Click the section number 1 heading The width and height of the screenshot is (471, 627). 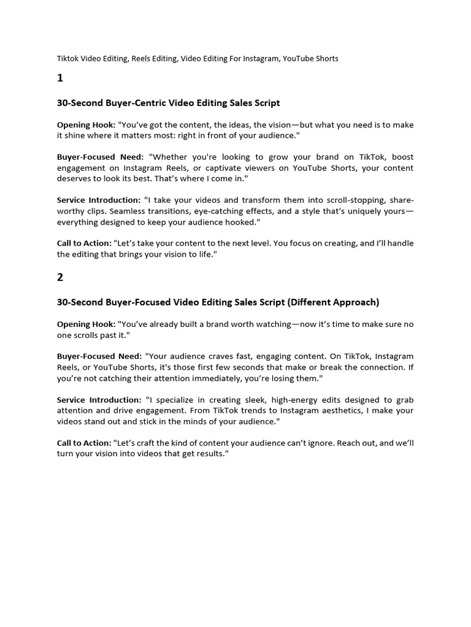[x=60, y=78]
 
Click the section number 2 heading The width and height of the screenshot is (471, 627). [x=60, y=277]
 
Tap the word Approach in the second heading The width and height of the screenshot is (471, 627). [x=353, y=302]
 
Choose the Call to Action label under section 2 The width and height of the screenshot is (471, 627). [x=84, y=443]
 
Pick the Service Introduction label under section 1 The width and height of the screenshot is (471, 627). [x=98, y=200]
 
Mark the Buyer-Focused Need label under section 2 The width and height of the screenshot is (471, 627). [x=99, y=356]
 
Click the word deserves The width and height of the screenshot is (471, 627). [x=75, y=178]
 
